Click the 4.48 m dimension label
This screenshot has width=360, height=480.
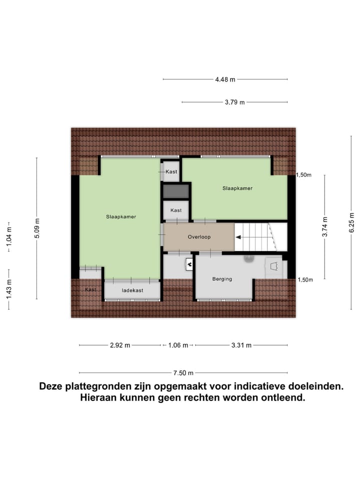click(225, 79)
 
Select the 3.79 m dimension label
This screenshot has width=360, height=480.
click(234, 102)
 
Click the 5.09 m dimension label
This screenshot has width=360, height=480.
click(36, 228)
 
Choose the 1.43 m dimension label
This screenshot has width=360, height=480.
click(8, 289)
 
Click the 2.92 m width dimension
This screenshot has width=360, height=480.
click(120, 345)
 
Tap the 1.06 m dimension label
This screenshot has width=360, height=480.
click(178, 345)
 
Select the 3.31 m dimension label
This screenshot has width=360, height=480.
click(241, 345)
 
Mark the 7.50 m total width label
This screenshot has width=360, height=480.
click(183, 372)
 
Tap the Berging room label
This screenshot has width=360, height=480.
click(222, 279)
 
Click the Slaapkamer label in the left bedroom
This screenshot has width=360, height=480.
click(121, 217)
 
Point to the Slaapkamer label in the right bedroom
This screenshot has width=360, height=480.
click(237, 188)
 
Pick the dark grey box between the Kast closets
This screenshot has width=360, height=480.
click(176, 191)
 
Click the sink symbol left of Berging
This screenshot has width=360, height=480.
click(189, 263)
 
